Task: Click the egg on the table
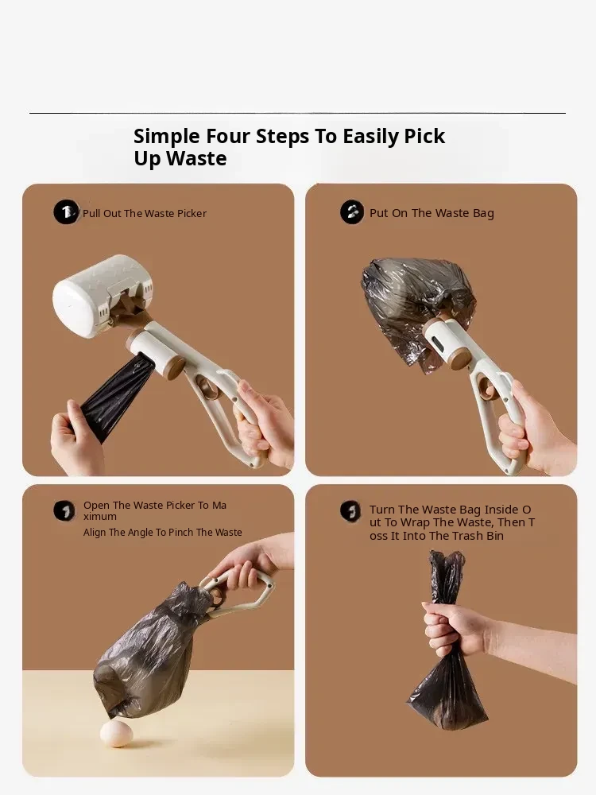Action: (x=116, y=733)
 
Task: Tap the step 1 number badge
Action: (x=66, y=212)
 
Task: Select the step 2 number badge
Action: (x=352, y=212)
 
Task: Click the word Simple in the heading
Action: (x=166, y=136)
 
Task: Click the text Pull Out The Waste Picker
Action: (x=145, y=213)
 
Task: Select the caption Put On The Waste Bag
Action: (x=432, y=213)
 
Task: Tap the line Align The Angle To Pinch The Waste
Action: (x=163, y=533)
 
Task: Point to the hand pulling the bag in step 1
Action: (x=76, y=436)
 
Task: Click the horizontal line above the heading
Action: (x=297, y=113)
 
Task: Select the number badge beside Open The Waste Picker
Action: (x=64, y=510)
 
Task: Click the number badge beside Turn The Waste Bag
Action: (x=350, y=510)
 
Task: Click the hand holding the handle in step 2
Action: (x=532, y=431)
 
